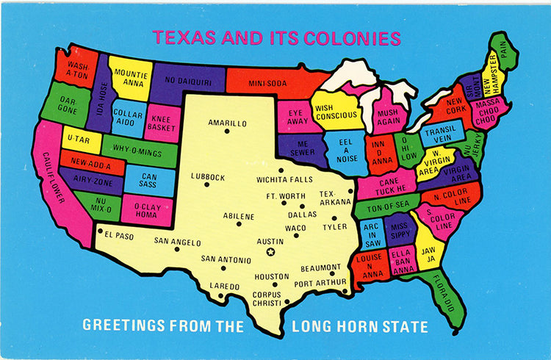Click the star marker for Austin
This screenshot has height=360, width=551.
(270, 253)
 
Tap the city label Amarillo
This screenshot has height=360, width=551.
(227, 123)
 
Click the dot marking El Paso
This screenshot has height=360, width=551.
(100, 231)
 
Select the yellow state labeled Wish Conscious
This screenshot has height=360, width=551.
(335, 112)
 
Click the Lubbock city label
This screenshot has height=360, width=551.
(206, 176)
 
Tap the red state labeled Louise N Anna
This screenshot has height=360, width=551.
(369, 267)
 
